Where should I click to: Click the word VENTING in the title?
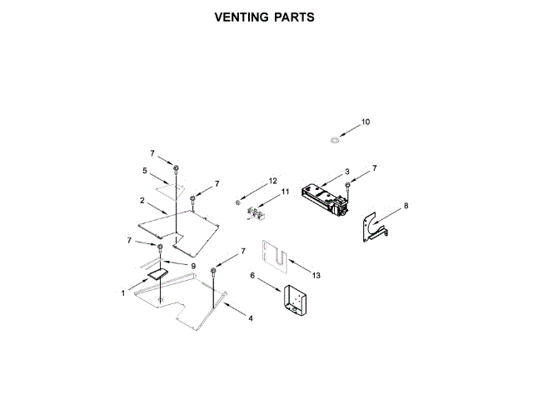coord(240,17)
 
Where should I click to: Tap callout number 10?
coord(365,122)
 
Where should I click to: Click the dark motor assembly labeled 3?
coord(326,200)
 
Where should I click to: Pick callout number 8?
coord(406,205)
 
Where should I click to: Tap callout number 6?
coord(252,276)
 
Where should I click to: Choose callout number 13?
coord(316,276)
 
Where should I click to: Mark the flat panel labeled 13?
coord(275,257)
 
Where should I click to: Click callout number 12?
coord(272,181)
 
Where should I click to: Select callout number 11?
coord(284,192)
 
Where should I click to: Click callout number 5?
coord(145,171)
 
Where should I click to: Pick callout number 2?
coord(142,201)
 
